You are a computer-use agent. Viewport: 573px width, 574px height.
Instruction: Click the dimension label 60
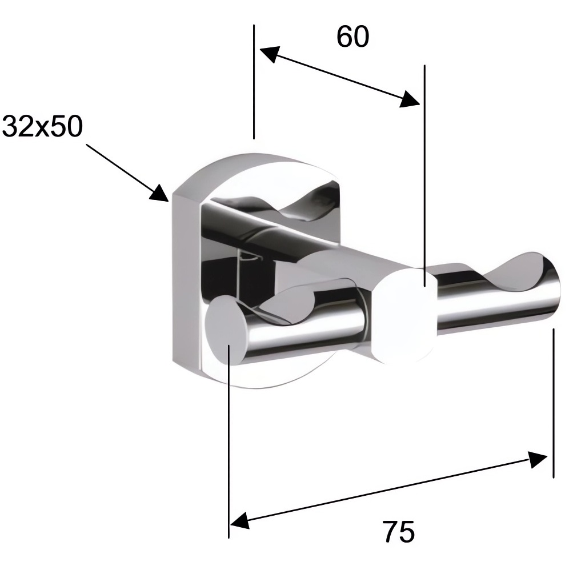click(352, 37)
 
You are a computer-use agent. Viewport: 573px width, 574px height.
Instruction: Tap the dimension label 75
click(399, 532)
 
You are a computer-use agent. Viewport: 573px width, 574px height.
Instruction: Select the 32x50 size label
click(42, 126)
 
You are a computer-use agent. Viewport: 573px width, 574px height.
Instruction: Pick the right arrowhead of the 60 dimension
click(410, 99)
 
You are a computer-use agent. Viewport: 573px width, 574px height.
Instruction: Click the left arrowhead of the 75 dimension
click(240, 520)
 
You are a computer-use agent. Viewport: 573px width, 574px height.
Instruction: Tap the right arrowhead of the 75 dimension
click(538, 459)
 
